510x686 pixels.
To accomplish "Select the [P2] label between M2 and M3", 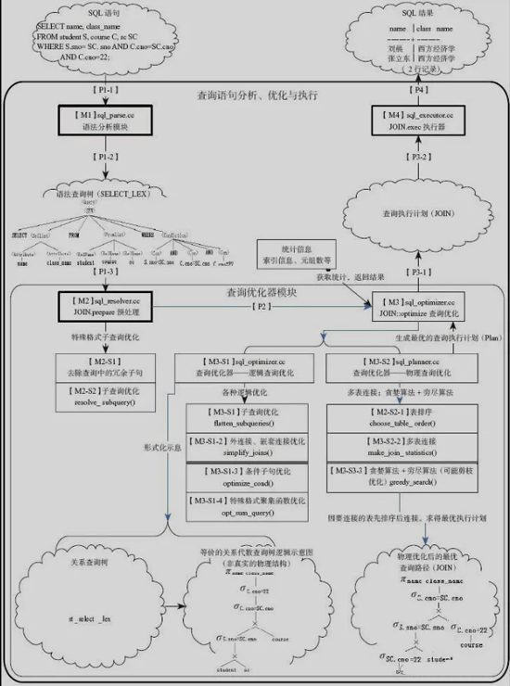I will [261, 305].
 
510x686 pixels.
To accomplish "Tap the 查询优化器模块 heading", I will [261, 291].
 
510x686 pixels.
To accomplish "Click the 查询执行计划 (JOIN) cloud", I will [411, 213].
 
